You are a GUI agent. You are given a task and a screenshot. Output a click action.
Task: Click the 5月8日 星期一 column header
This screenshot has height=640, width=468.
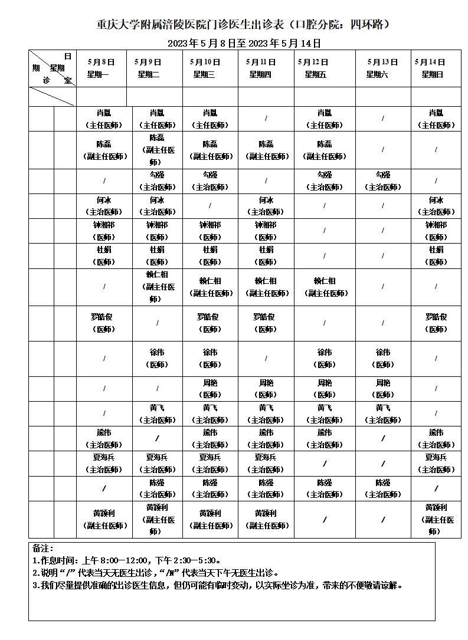click(101, 68)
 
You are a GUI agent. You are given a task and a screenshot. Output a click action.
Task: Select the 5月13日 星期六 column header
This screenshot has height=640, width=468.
click(382, 68)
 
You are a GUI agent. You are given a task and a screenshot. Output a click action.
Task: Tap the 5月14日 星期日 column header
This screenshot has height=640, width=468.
click(436, 68)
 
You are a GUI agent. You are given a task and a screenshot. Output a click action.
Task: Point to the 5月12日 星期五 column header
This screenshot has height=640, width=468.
click(324, 68)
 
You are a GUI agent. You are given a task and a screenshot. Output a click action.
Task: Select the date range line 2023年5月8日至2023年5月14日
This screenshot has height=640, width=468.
click(244, 43)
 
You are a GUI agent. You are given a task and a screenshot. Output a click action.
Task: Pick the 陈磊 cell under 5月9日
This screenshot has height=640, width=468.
click(157, 150)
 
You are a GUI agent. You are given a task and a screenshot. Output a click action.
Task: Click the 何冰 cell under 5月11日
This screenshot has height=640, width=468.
click(266, 206)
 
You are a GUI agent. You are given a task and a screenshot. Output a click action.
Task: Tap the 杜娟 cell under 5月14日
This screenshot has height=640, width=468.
click(436, 255)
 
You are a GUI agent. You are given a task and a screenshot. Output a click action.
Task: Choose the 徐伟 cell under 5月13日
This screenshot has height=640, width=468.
click(382, 358)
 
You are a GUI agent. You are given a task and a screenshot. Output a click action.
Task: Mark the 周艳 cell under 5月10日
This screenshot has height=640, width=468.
click(210, 389)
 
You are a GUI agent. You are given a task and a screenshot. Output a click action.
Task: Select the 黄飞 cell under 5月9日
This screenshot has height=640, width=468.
click(157, 413)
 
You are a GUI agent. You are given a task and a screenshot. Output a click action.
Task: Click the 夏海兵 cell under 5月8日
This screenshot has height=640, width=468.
click(104, 463)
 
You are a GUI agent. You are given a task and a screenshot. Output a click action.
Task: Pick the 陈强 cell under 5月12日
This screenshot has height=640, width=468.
click(324, 488)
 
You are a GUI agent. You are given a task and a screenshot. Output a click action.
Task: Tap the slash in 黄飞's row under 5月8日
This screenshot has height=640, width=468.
click(104, 413)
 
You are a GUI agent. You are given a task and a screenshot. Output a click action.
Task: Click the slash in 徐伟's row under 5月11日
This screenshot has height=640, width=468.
click(266, 358)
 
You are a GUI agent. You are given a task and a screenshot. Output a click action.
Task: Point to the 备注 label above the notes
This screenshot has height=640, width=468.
click(43, 549)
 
